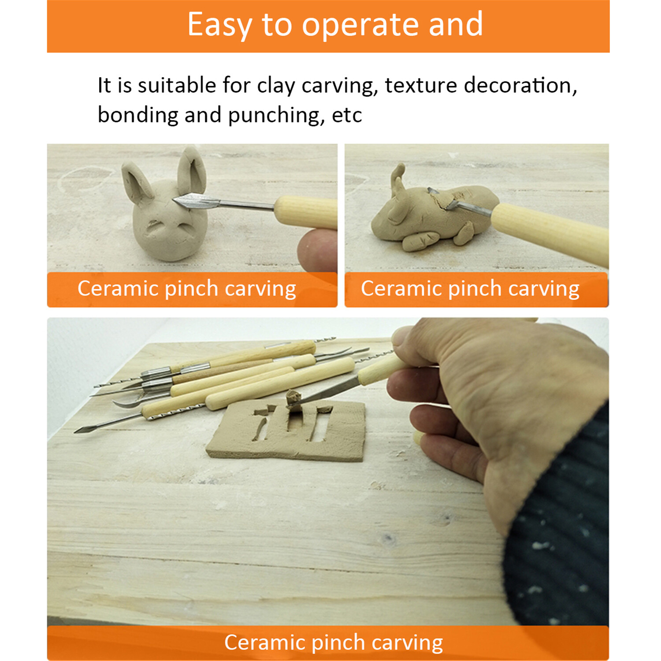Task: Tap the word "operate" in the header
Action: tap(359, 25)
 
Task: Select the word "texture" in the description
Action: tap(420, 85)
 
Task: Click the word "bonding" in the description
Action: tap(137, 115)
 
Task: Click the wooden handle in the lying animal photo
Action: tap(551, 231)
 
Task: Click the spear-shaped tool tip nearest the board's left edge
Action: tap(82, 429)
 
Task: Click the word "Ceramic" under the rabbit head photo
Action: tap(118, 289)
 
